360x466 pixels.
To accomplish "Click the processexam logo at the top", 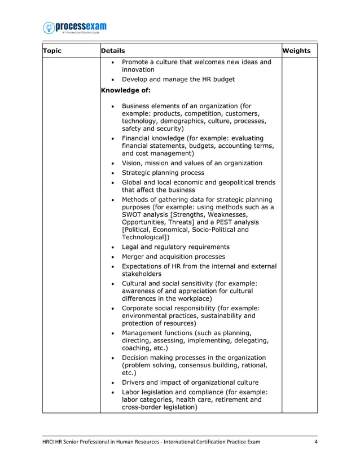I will pos(75,28).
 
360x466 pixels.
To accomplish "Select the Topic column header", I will pos(52,51).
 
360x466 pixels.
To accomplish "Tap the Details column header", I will pos(113,51).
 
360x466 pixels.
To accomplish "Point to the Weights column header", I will pos(296,51).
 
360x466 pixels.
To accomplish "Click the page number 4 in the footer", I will pos(316,441).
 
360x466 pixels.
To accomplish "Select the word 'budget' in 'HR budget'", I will pos(221,80).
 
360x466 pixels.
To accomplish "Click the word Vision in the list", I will pos(134,163).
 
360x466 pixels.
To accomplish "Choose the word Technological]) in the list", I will pos(146,237).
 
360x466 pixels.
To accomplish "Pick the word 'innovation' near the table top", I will pos(138,69).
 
